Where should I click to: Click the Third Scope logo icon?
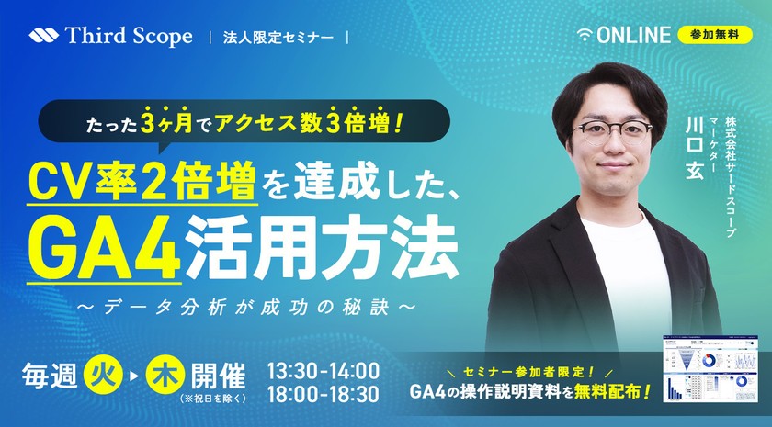pyautogui.click(x=43, y=37)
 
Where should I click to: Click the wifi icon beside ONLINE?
pyautogui.click(x=585, y=36)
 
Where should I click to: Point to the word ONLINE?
pyautogui.click(x=633, y=36)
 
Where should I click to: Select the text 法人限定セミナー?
pyautogui.click(x=278, y=38)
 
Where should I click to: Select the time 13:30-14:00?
pyautogui.click(x=322, y=371)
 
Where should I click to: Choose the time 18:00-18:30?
pyautogui.click(x=322, y=396)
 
